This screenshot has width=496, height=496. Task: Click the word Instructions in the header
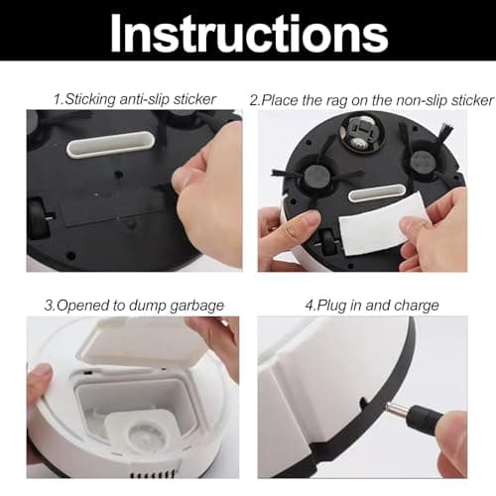[249, 34]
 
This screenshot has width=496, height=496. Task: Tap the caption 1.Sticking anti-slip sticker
[135, 99]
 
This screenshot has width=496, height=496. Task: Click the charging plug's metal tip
[397, 410]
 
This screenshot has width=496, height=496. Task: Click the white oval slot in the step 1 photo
[111, 145]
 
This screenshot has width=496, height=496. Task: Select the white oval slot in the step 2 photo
[377, 193]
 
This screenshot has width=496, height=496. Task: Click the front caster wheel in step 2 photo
[358, 136]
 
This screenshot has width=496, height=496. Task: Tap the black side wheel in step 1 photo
[39, 218]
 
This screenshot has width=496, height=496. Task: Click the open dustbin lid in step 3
[142, 344]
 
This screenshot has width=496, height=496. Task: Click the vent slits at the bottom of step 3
[153, 473]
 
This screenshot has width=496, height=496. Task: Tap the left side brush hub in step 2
[317, 176]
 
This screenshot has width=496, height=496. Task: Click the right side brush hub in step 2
[423, 162]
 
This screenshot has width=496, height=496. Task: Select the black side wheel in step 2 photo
[328, 243]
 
